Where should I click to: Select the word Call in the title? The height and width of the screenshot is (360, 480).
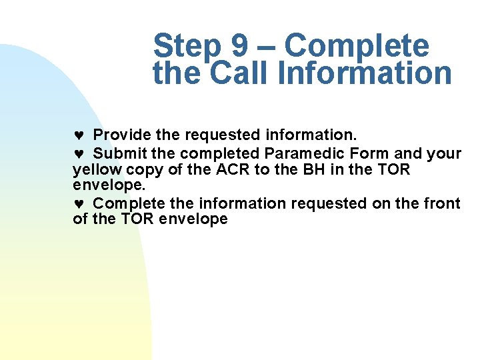[x=239, y=73]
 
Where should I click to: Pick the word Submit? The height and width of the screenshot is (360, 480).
[x=120, y=153]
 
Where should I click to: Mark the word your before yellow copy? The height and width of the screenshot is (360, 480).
[x=444, y=154]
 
